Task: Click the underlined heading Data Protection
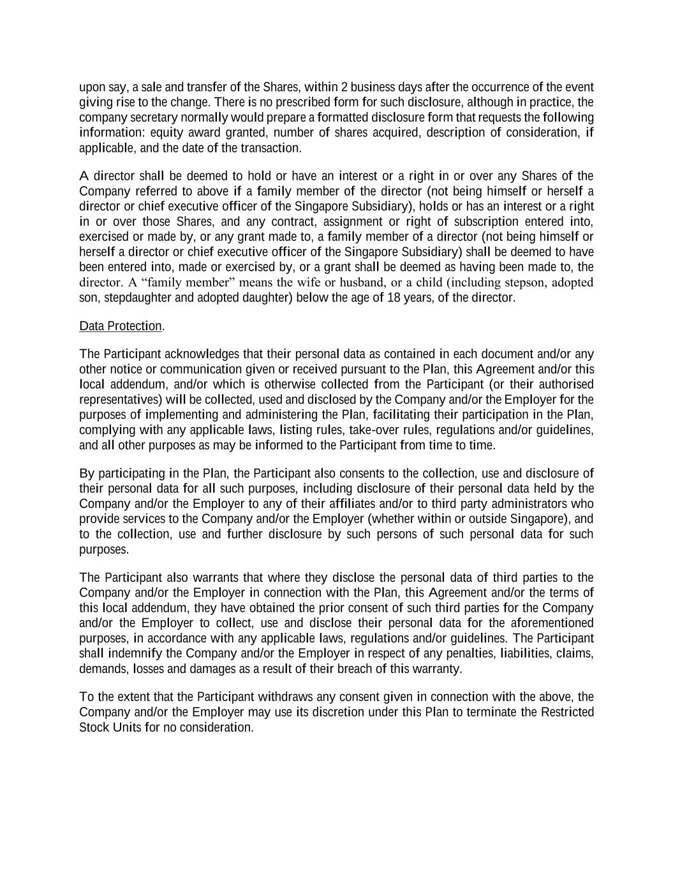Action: pyautogui.click(x=121, y=326)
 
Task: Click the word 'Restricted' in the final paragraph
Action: pyautogui.click(x=568, y=712)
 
